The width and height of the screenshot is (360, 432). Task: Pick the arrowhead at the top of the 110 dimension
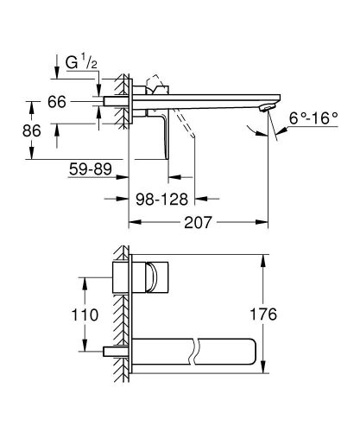[86, 278]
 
